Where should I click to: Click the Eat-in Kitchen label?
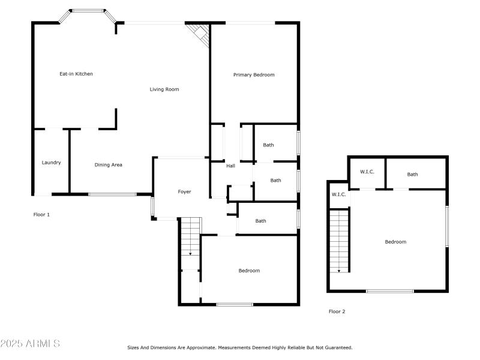(x=76, y=74)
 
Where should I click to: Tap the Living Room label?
(x=164, y=89)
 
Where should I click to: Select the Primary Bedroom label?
(x=254, y=74)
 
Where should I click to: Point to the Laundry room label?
(x=51, y=163)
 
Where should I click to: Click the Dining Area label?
(x=109, y=164)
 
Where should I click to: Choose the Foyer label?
(x=184, y=192)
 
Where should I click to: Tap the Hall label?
(x=230, y=166)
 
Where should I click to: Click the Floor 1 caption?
(x=41, y=214)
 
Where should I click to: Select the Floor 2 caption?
(x=337, y=311)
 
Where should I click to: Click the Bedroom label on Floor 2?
(x=395, y=242)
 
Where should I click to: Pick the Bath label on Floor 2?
(x=413, y=175)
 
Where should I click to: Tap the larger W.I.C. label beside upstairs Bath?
(x=367, y=172)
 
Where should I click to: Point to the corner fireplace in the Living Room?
(x=199, y=34)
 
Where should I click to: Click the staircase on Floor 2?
(x=340, y=240)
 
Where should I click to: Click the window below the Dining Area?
(x=112, y=194)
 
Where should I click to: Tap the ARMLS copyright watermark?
(x=30, y=344)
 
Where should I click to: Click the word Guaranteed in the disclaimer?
(x=338, y=347)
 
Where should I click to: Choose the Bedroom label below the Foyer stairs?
(x=249, y=271)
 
